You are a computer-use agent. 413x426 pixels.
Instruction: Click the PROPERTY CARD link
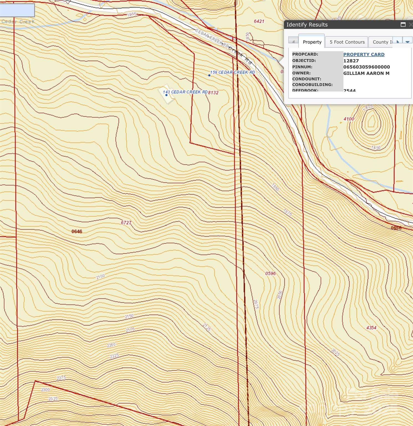[364, 54]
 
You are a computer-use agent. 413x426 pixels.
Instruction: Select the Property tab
[312, 42]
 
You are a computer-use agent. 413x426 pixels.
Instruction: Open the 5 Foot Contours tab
[347, 42]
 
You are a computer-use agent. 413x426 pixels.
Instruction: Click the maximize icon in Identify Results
[403, 25]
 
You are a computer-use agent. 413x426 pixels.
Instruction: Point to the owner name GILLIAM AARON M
[366, 73]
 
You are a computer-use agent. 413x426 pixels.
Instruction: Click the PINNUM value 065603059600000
[366, 67]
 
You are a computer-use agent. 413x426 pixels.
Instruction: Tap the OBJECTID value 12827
[351, 61]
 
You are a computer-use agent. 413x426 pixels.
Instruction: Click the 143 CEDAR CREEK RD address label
[185, 92]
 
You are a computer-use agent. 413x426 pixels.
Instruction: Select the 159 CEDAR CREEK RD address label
[232, 72]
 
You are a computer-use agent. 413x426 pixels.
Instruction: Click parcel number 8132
[213, 93]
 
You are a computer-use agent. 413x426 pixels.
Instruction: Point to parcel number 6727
[126, 222]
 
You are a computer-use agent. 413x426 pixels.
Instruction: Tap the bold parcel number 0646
[77, 231]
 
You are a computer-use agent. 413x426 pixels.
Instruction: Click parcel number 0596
[270, 273]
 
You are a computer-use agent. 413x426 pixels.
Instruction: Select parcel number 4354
[371, 328]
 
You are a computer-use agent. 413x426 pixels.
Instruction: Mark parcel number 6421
[259, 21]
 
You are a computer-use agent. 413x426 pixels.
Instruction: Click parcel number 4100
[349, 119]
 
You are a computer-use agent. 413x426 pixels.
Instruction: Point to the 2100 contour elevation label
[100, 276]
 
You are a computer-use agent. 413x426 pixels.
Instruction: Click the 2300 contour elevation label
[45, 390]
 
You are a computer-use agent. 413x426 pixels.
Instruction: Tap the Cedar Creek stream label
[18, 21]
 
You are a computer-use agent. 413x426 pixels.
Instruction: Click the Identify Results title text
[307, 25]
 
